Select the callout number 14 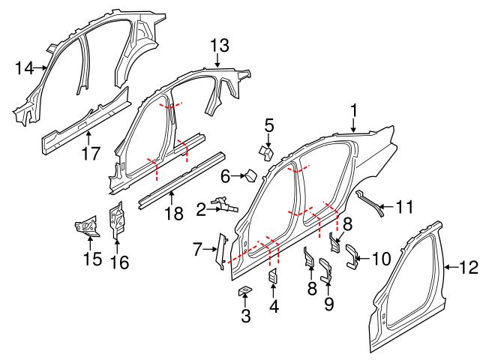pos(24,68)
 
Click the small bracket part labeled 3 pos(244,290)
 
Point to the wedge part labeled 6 pos(251,176)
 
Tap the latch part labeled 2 pos(222,202)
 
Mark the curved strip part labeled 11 pos(369,203)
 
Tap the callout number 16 pos(119,262)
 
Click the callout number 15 pos(91,259)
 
